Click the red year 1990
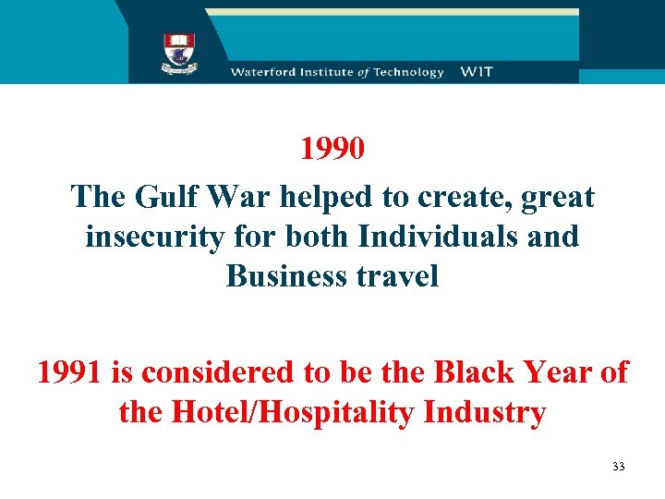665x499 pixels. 332,149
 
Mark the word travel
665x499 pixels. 398,276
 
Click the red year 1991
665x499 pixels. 70,372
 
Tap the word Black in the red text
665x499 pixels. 475,372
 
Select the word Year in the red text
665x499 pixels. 562,372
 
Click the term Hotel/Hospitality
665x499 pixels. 291,412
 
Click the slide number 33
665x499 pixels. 618,467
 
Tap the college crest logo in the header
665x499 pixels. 179,52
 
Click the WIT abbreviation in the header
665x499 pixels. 478,72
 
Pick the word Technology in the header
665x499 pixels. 408,72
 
